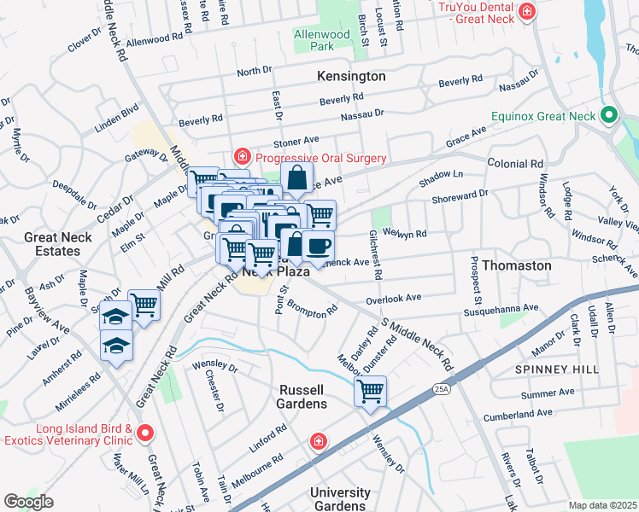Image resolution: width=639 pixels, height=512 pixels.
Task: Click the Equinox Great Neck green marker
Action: click(x=608, y=115)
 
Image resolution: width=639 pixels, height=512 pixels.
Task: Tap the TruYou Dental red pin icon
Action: click(x=528, y=11)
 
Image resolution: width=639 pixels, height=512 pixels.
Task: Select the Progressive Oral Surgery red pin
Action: click(x=242, y=157)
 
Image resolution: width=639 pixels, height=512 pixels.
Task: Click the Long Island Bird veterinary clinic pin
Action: click(x=145, y=434)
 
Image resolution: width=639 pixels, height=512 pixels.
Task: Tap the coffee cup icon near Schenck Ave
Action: click(x=318, y=247)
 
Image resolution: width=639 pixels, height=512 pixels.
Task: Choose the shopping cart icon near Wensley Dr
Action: click(x=370, y=392)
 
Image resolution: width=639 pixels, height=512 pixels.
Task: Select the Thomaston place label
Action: click(x=517, y=265)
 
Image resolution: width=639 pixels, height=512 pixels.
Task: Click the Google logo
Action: click(x=28, y=502)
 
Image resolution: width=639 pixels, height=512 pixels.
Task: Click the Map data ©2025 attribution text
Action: click(x=602, y=505)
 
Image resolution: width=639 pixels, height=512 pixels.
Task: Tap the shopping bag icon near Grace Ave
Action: click(x=296, y=179)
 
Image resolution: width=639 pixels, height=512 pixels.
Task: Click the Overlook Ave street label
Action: click(x=394, y=299)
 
